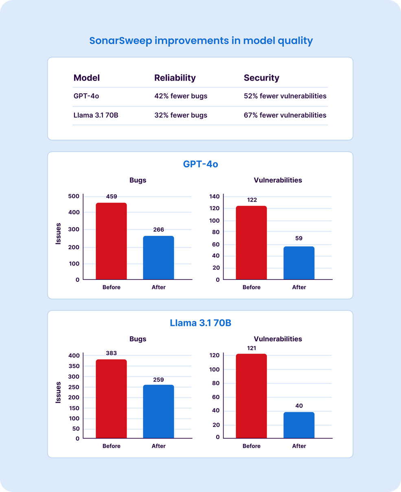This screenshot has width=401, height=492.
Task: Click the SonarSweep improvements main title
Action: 201,41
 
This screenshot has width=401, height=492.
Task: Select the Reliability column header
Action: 175,78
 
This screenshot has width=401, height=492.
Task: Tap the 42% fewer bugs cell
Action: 180,96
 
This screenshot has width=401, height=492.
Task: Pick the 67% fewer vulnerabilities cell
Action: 285,115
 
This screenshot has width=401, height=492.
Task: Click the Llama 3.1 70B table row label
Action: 96,115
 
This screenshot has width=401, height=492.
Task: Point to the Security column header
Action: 261,78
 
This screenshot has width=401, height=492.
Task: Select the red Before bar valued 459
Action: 111,241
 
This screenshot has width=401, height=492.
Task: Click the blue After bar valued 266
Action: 158,258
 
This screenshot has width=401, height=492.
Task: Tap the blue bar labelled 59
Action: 299,263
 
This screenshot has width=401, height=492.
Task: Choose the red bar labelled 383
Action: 111,399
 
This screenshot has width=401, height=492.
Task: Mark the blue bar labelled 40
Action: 299,425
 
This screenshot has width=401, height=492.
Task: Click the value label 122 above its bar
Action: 252,200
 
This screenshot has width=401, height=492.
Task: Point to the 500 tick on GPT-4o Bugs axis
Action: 74,196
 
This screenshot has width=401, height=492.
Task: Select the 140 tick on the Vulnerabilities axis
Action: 215,196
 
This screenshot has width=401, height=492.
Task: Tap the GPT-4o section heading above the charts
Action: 200,165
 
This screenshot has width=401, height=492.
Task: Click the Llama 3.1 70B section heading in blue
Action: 200,323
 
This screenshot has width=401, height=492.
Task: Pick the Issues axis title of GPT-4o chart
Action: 58,233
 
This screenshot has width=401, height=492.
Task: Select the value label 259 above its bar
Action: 158,380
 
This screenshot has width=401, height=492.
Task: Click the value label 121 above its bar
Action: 252,348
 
